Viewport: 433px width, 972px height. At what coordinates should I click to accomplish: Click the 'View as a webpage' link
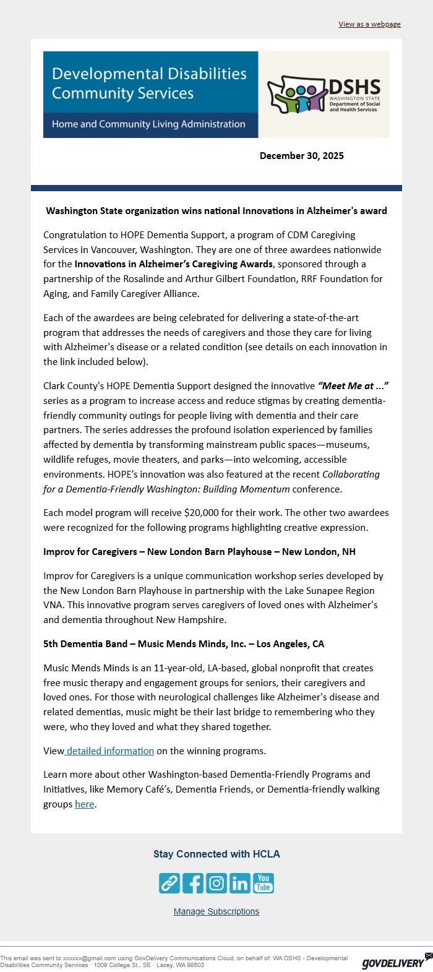[x=369, y=24]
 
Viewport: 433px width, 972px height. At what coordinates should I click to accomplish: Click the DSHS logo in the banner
[x=324, y=95]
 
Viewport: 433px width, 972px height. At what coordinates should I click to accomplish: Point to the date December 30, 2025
[x=301, y=156]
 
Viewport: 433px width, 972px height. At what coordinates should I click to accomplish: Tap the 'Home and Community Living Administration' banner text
[x=148, y=124]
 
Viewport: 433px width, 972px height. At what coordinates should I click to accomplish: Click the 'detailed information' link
[x=110, y=751]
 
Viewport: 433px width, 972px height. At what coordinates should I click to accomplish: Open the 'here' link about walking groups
[x=85, y=804]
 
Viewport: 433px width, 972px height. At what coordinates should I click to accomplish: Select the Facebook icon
[x=193, y=883]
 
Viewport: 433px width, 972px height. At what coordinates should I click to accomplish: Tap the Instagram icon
[x=216, y=883]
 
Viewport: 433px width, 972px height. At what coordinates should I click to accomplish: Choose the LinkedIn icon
[x=240, y=883]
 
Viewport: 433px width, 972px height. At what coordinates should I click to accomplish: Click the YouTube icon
[x=264, y=883]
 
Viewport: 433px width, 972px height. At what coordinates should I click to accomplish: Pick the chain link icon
[x=169, y=883]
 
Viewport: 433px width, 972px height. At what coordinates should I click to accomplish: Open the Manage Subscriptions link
[x=216, y=911]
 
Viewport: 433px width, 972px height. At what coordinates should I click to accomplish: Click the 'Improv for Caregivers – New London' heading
[x=199, y=552]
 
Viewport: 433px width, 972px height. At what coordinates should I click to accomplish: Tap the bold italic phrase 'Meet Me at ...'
[x=353, y=386]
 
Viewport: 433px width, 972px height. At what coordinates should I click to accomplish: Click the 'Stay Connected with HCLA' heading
[x=216, y=854]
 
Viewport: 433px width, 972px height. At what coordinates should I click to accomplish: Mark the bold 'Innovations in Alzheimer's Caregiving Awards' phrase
[x=174, y=264]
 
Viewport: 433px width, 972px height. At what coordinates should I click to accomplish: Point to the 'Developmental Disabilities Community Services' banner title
[x=149, y=84]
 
